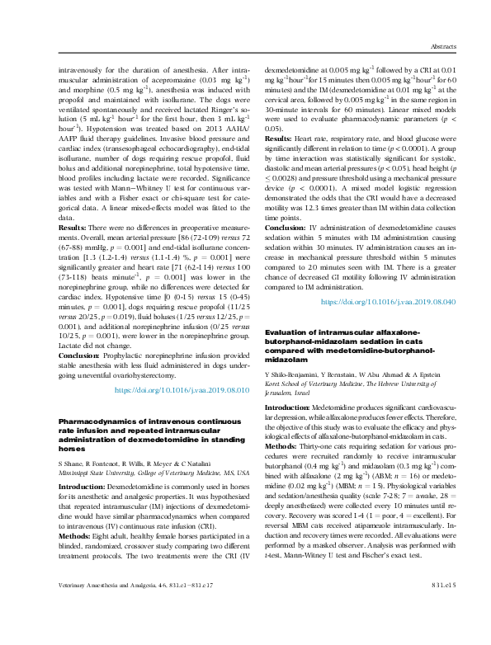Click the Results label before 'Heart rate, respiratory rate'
click(279, 140)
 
